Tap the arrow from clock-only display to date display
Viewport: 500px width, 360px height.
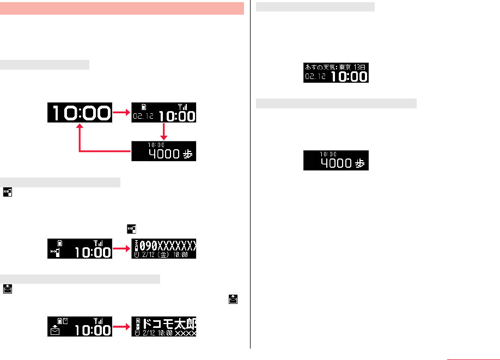point(121,112)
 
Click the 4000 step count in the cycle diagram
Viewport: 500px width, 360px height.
point(164,154)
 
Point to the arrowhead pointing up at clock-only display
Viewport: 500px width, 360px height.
point(80,126)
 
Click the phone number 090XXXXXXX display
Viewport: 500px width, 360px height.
point(167,243)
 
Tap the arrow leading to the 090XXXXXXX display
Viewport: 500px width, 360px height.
point(121,248)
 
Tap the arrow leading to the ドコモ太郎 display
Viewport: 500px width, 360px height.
point(121,327)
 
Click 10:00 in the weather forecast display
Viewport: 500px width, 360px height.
point(349,76)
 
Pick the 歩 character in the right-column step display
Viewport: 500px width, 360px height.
point(359,163)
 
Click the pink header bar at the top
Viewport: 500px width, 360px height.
point(122,9)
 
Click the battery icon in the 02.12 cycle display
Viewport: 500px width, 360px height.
point(143,106)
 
